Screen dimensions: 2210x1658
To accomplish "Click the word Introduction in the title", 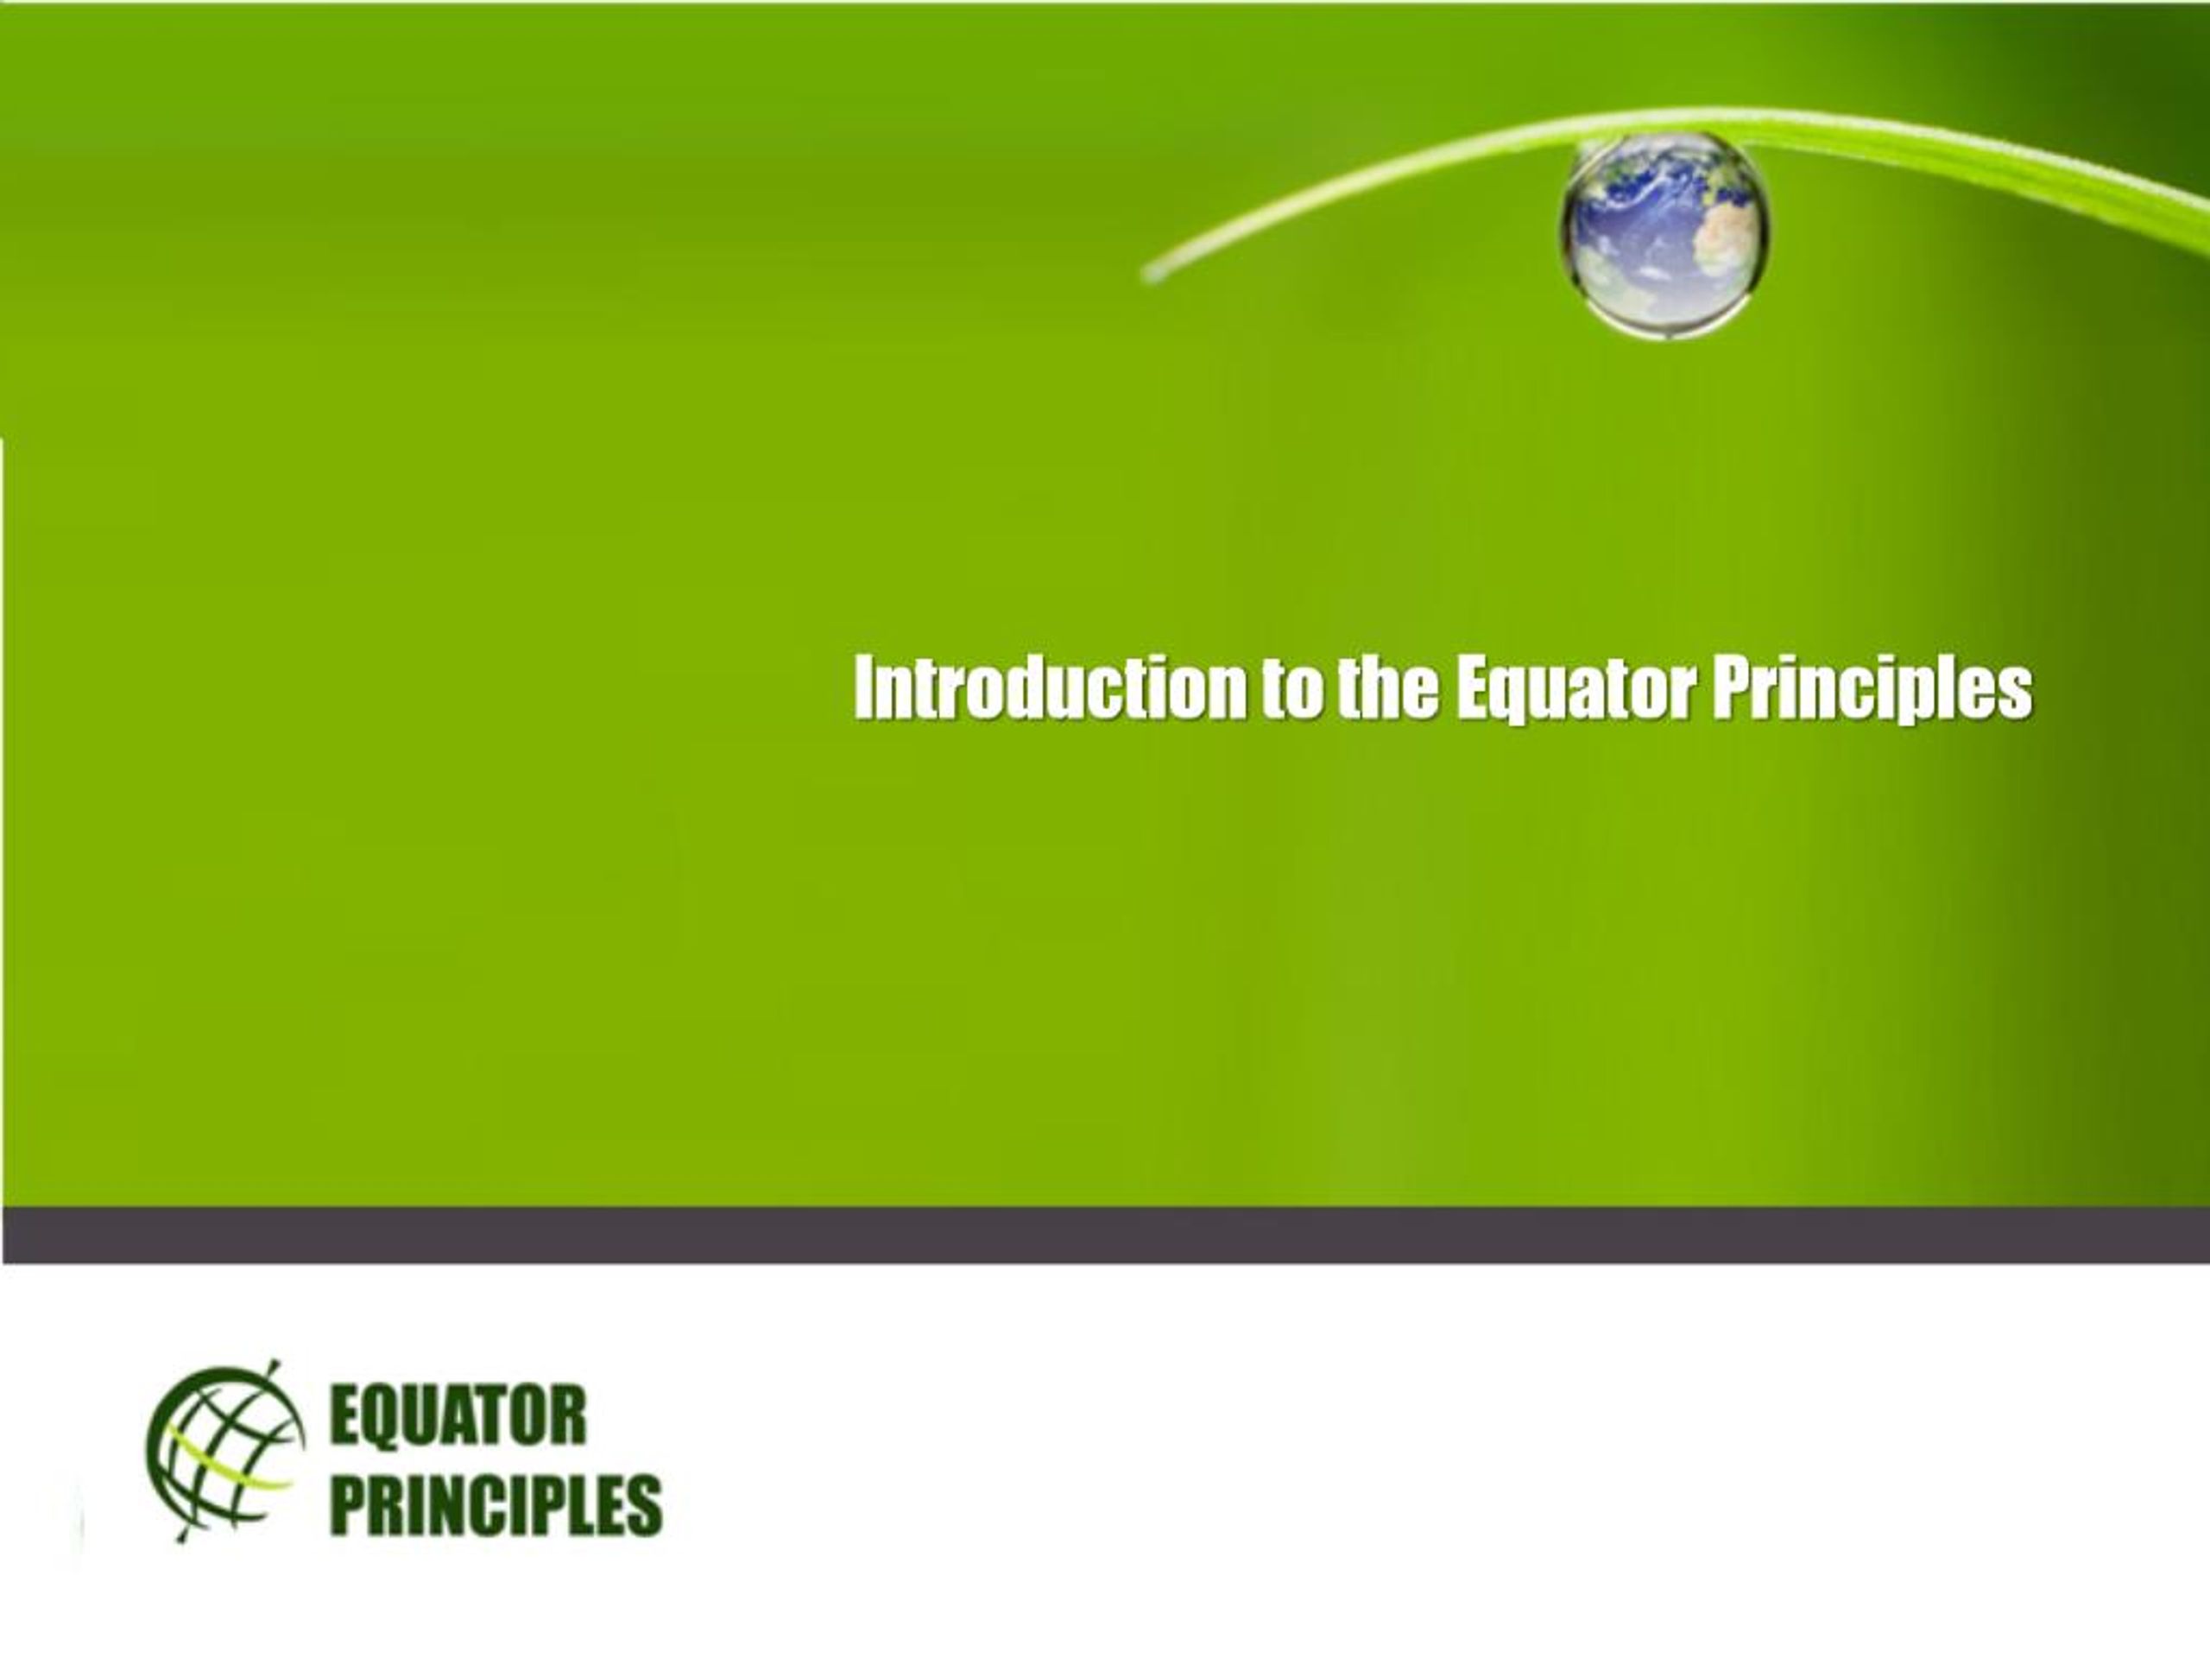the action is [1049, 687].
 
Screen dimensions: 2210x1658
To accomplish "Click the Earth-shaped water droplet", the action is [1664, 236].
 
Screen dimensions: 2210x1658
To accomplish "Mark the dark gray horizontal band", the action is [1105, 1235].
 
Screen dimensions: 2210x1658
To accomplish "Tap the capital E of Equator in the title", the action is [1472, 687].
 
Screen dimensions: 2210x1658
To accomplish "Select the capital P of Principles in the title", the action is [1733, 687].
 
